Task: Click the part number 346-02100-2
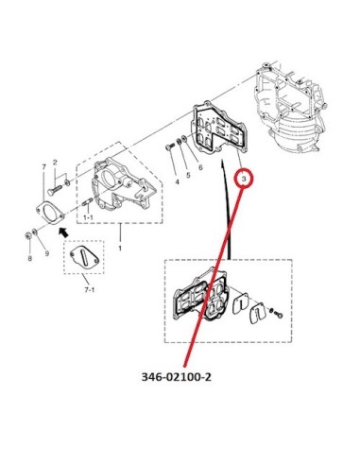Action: click(177, 377)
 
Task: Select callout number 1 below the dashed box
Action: click(120, 249)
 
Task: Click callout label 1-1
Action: click(88, 217)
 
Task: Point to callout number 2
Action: click(55, 163)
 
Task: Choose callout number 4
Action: click(177, 181)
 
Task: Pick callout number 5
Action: click(188, 175)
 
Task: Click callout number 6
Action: click(200, 167)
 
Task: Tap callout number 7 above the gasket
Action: click(43, 166)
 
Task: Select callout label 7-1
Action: click(90, 290)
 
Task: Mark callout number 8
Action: click(29, 259)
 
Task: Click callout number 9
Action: click(46, 253)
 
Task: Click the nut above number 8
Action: click(27, 235)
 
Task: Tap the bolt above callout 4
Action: click(170, 146)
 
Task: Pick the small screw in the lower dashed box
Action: click(277, 314)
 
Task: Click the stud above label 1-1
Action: click(87, 202)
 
